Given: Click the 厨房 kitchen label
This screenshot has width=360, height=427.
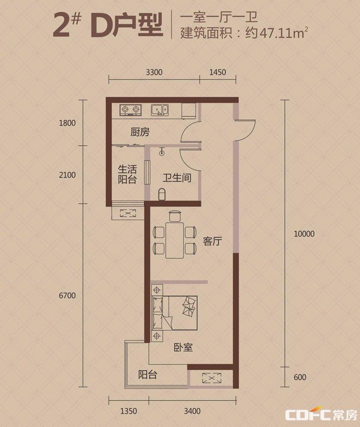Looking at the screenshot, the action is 140,132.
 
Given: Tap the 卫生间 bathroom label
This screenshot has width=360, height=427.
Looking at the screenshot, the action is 177,178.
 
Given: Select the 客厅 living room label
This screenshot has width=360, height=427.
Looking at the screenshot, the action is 212,241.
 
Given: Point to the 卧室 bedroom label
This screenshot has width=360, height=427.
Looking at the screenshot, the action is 183,347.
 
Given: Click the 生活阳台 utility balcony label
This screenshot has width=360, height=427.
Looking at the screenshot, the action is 127,174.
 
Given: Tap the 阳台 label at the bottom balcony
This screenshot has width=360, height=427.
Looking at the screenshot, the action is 147,375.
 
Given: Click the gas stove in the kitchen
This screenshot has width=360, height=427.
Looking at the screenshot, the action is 131,110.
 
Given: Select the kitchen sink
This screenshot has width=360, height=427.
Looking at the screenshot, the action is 160,110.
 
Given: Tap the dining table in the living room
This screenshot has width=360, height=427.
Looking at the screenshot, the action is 175,240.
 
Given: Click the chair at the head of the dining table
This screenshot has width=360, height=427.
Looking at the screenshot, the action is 175,216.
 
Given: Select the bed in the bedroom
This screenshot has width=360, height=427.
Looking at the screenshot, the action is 174,313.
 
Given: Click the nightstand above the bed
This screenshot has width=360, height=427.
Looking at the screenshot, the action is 157,290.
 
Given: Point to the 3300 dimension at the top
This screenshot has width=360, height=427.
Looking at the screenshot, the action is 154,72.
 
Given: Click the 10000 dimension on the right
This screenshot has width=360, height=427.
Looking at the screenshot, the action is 304,234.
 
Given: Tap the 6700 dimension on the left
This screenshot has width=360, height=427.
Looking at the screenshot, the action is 67,295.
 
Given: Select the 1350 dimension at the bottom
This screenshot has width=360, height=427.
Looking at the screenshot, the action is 129,411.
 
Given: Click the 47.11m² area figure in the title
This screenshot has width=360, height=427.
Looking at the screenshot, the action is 284,33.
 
